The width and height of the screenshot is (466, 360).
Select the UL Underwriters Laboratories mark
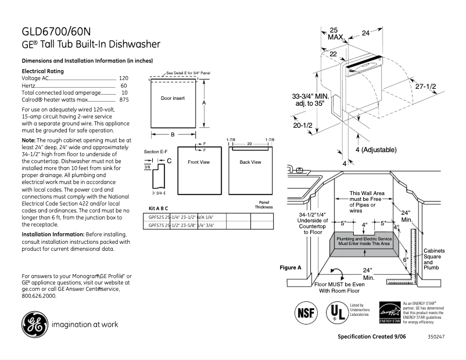(335, 312)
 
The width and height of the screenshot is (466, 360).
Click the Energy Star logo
(388, 312)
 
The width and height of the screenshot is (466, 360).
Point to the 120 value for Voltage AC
(123, 78)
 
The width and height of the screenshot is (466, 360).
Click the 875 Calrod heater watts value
(123, 100)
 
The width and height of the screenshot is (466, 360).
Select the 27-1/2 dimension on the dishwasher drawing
(425, 86)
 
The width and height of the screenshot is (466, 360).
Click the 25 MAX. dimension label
(335, 33)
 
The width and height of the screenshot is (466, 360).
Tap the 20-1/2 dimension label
(302, 125)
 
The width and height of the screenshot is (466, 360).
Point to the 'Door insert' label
(173, 98)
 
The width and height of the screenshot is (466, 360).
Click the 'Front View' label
(198, 162)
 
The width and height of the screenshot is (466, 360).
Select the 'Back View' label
(250, 162)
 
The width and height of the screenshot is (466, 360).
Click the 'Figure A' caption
(291, 268)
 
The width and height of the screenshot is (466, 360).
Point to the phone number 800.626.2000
(39, 296)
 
